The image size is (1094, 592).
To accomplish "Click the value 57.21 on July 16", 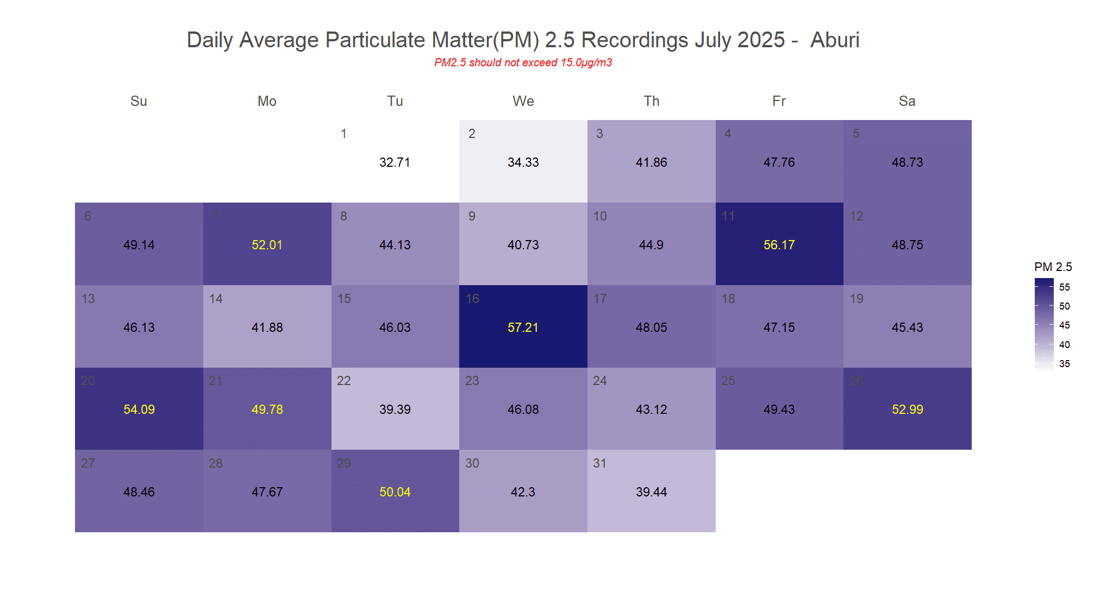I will (x=523, y=328).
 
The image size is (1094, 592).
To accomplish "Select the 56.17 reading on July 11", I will (x=779, y=245).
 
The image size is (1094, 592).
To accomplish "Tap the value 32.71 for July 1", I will (x=395, y=162).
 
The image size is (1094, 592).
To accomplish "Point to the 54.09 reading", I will (x=139, y=410).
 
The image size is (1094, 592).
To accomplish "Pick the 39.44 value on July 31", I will (x=651, y=492).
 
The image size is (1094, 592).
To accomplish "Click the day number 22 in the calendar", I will (x=343, y=381).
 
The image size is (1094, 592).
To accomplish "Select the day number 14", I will (x=216, y=299).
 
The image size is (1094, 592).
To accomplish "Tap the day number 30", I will (x=472, y=463).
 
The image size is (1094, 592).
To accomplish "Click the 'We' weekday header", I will (x=523, y=101).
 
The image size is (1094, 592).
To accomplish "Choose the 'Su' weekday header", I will (x=139, y=101).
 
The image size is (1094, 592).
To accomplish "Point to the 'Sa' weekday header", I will (x=907, y=101).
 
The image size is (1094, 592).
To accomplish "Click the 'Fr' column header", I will (x=779, y=101).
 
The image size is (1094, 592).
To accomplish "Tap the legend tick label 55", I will (x=1064, y=287).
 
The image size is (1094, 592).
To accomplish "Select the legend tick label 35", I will (x=1064, y=364).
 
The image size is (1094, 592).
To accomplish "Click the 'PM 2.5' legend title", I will (x=1053, y=267).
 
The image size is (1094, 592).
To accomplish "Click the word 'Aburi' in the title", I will (x=834, y=40).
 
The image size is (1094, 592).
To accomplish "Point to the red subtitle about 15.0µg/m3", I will (x=523, y=62).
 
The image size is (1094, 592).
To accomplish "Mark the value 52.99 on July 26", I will (x=907, y=410).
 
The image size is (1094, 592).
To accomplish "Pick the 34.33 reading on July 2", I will (x=523, y=162).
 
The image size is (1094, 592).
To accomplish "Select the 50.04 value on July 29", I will (x=395, y=492).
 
